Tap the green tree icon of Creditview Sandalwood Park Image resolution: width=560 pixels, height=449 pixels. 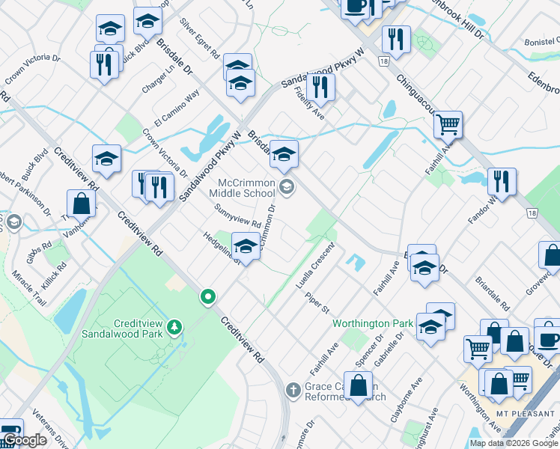[174, 327]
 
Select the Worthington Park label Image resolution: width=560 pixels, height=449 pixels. [373, 323]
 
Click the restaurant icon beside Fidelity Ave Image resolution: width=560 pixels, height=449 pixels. [320, 88]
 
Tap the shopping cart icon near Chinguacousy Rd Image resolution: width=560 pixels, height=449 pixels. [448, 124]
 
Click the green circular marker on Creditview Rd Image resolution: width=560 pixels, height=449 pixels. [209, 298]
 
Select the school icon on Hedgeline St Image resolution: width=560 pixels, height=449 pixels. [245, 245]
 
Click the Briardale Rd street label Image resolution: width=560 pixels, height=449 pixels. [493, 296]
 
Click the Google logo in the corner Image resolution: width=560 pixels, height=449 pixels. [24, 441]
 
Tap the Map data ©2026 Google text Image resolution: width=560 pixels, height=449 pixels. [514, 443]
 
